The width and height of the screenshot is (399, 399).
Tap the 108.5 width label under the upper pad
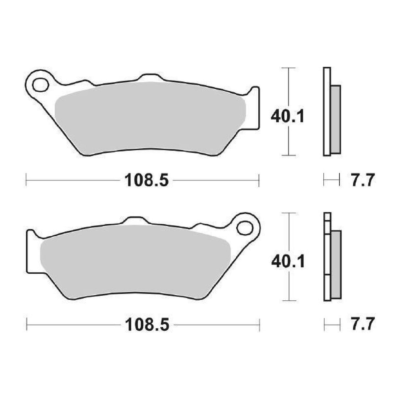[x=146, y=180]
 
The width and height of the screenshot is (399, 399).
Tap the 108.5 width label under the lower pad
[x=146, y=325]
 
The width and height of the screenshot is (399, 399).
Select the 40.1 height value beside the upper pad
[x=288, y=117]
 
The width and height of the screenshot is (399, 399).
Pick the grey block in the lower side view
[x=336, y=265]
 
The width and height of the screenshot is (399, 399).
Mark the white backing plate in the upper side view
[x=327, y=112]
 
